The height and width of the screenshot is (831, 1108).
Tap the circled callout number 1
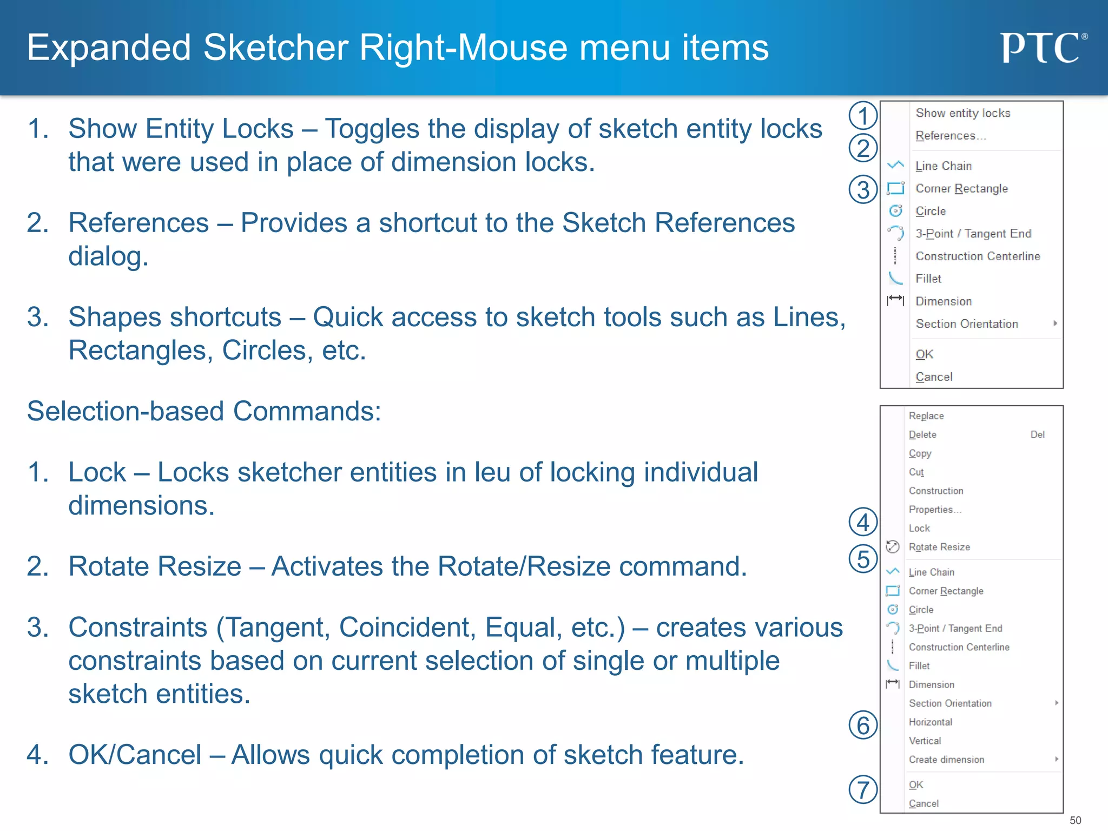(x=863, y=116)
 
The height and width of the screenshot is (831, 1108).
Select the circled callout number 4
(x=863, y=523)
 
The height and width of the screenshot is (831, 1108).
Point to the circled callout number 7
(x=863, y=789)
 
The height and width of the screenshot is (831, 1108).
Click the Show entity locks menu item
(x=962, y=113)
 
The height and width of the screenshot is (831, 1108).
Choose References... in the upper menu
(x=950, y=136)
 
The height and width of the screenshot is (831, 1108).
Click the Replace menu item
(x=926, y=416)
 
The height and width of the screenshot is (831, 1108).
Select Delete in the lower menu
(x=922, y=435)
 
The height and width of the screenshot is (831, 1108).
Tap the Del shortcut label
(x=1037, y=435)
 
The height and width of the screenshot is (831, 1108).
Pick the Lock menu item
(x=919, y=529)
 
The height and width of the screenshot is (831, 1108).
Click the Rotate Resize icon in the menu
(x=893, y=547)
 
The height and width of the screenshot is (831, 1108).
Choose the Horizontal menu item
(x=930, y=722)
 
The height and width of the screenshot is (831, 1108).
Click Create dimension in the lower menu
(x=946, y=760)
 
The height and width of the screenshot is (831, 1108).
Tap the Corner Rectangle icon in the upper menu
(x=896, y=188)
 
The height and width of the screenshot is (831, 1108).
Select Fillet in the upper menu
(x=928, y=279)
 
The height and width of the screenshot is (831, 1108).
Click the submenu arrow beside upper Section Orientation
(x=1055, y=324)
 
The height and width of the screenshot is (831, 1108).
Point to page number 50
(x=1075, y=820)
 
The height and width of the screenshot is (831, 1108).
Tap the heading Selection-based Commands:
(x=204, y=411)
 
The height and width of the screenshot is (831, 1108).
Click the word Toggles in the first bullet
(x=372, y=129)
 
